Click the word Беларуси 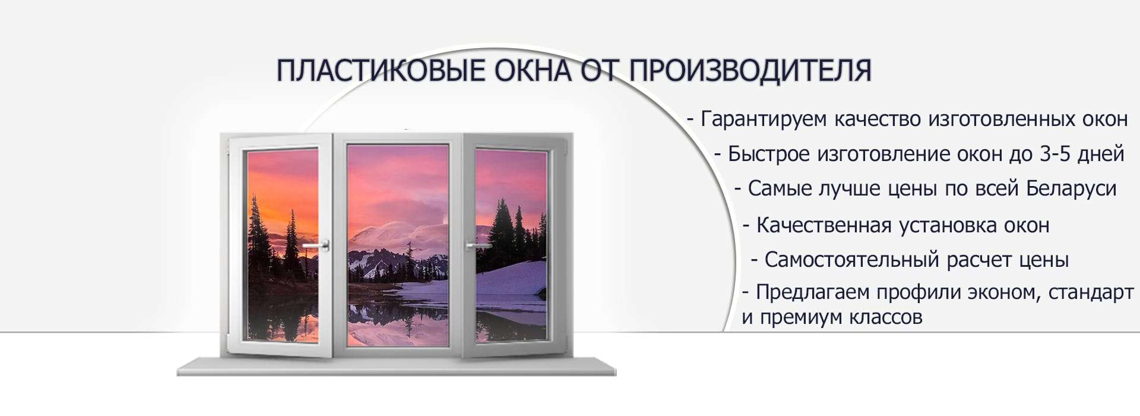click(1071, 188)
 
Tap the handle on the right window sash click(476, 245)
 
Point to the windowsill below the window click(397, 366)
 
